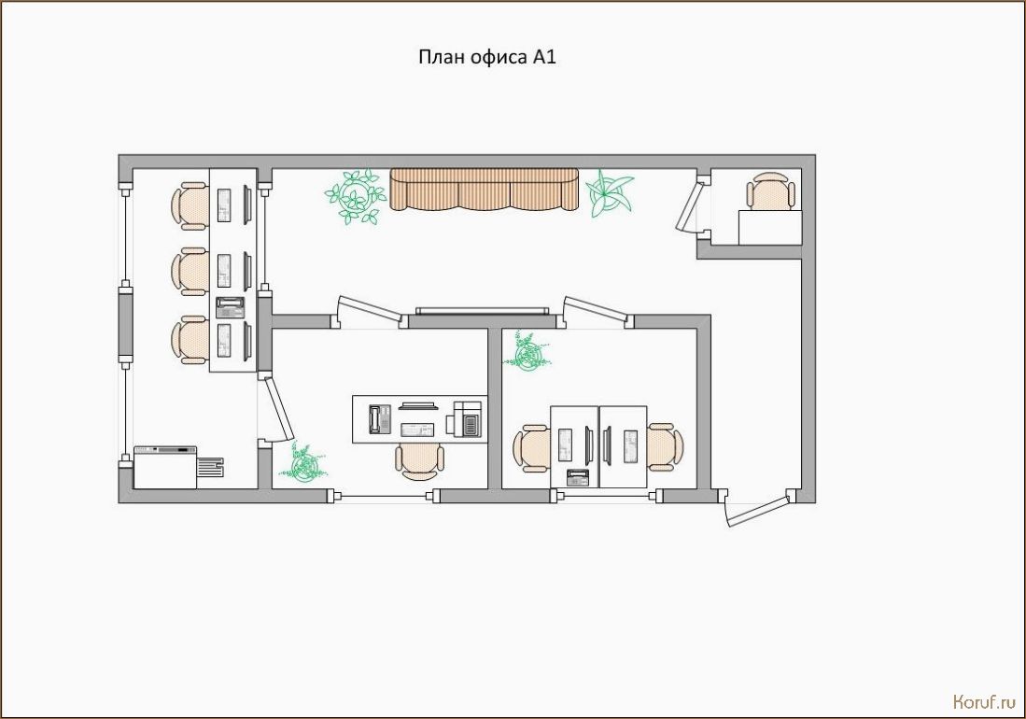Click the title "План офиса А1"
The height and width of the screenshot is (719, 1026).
[486, 58]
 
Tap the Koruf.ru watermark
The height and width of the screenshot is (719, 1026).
[984, 702]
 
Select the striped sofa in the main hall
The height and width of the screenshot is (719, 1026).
[485, 190]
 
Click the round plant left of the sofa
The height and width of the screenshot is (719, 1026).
[355, 195]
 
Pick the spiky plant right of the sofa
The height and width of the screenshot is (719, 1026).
[609, 193]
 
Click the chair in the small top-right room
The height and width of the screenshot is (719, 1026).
[770, 190]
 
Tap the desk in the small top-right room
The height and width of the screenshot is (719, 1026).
[770, 228]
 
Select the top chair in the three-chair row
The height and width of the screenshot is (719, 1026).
[190, 205]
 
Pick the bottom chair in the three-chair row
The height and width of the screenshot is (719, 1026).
[190, 340]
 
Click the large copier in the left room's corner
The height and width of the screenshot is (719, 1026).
[178, 467]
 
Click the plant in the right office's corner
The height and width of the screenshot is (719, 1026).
[527, 352]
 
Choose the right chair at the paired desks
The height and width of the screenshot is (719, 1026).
[666, 447]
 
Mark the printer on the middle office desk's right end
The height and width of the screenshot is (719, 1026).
[467, 418]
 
